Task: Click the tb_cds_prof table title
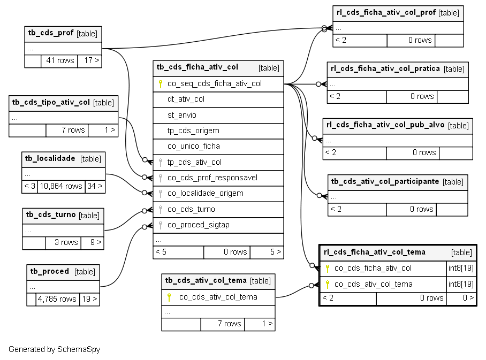(x=51, y=33)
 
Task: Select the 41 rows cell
(x=59, y=61)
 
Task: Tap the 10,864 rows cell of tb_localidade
(x=61, y=186)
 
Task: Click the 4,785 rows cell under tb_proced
(x=57, y=299)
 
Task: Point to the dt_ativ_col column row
(x=218, y=99)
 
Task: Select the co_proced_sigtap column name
(x=199, y=225)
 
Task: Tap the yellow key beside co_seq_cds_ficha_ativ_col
(x=160, y=84)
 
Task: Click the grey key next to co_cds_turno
(x=160, y=210)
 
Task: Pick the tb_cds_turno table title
(x=51, y=215)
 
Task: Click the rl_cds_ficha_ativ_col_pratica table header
(x=398, y=70)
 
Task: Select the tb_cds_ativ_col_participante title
(x=385, y=181)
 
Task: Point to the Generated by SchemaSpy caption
(x=54, y=349)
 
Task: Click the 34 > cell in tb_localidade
(x=95, y=186)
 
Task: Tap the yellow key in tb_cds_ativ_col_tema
(x=169, y=297)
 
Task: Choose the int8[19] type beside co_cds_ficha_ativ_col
(x=461, y=268)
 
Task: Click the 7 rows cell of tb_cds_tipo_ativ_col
(x=67, y=130)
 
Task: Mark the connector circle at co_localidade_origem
(x=145, y=193)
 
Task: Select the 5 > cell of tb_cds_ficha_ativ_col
(x=267, y=252)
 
